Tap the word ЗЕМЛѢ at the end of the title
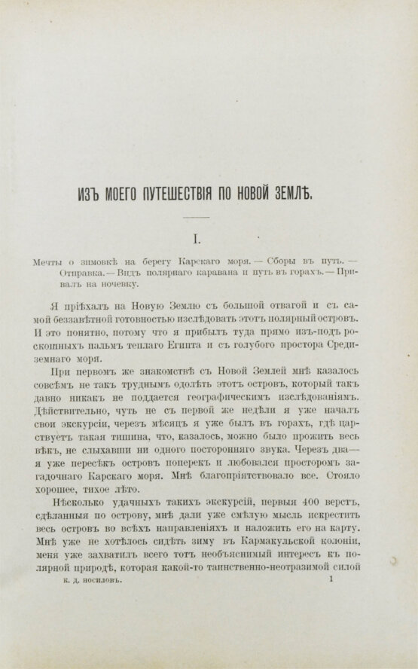point(319,191)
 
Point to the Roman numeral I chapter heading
point(198,240)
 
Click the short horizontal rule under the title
point(198,218)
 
